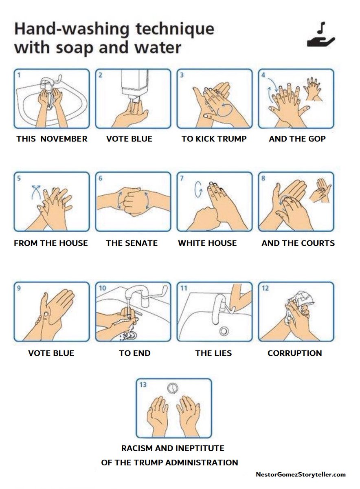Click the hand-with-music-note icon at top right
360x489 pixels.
click(x=321, y=37)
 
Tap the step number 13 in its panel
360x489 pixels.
click(x=143, y=384)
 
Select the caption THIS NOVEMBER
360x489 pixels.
click(x=52, y=139)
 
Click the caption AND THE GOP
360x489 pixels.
click(x=297, y=139)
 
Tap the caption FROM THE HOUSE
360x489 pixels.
click(x=51, y=243)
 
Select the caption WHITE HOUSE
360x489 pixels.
click(x=207, y=243)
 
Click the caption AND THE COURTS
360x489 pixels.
click(x=298, y=243)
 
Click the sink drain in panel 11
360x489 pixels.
click(x=223, y=330)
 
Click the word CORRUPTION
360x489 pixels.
click(x=294, y=353)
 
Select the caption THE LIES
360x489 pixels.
click(x=213, y=353)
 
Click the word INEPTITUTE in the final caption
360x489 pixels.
click(x=200, y=448)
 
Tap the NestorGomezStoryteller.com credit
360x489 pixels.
click(x=301, y=474)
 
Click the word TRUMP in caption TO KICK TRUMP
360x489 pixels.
click(x=232, y=139)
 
